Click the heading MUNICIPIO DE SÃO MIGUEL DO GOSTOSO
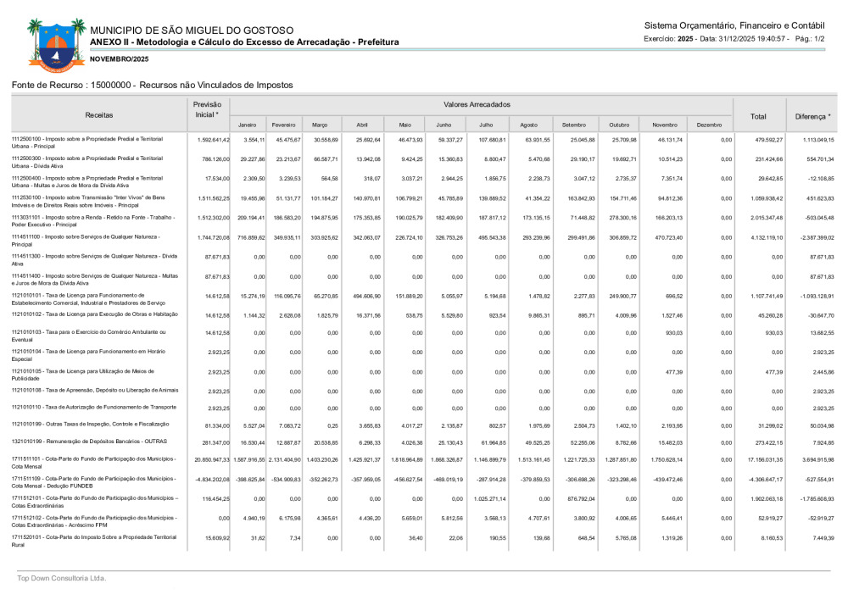pos(192,31)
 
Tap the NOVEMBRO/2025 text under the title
pos(119,58)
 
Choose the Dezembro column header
pos(708,125)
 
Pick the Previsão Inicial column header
pos(207,109)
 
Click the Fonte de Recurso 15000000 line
pos(152,85)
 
